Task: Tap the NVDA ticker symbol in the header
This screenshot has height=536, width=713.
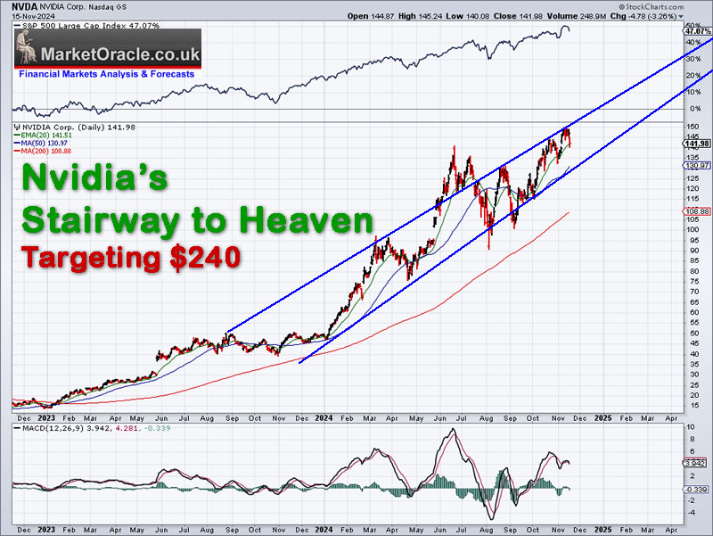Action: pyautogui.click(x=25, y=6)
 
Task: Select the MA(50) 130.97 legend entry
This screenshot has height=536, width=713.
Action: pyautogui.click(x=43, y=143)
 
